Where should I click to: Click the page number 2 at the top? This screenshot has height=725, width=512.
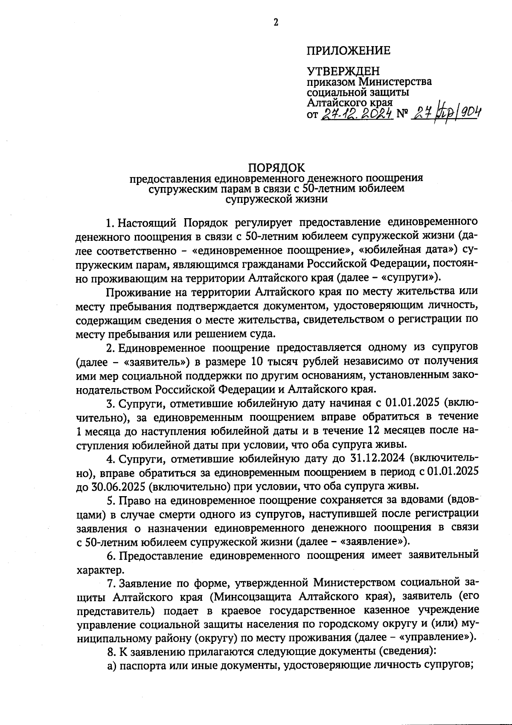click(276, 23)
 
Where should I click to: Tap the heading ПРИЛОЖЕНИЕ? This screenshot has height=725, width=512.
click(348, 51)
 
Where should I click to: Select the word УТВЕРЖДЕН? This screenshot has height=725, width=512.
click(343, 72)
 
